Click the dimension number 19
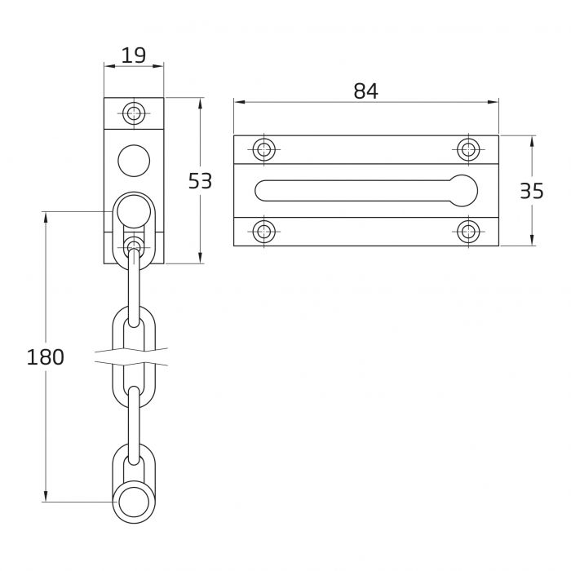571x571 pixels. (x=134, y=55)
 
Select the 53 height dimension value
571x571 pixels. (x=200, y=180)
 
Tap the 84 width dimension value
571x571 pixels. (x=365, y=91)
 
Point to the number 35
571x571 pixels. (x=531, y=191)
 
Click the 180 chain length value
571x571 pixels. (x=45, y=356)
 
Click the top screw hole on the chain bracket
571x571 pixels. (x=134, y=113)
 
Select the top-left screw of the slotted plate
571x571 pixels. (x=263, y=149)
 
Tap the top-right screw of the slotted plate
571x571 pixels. (x=467, y=149)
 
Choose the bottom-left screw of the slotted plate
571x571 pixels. (x=263, y=231)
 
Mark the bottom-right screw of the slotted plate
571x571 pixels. (x=467, y=231)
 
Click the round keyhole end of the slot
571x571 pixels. (x=463, y=189)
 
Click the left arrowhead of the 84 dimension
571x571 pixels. (x=237, y=103)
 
